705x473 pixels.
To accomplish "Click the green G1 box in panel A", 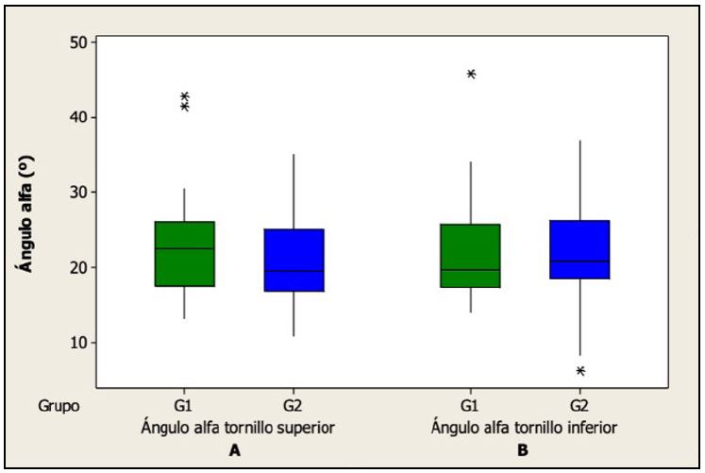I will pyautogui.click(x=185, y=253).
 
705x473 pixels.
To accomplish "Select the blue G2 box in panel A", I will pyautogui.click(x=294, y=260).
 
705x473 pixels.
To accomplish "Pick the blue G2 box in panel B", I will pyautogui.click(x=580, y=249).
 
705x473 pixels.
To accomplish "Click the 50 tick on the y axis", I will pyautogui.click(x=77, y=42).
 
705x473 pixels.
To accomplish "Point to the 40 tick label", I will pyautogui.click(x=77, y=117).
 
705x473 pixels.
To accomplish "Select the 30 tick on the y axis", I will pyautogui.click(x=77, y=193).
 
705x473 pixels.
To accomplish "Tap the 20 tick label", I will pyautogui.click(x=77, y=267).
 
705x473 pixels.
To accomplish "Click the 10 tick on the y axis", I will pyautogui.click(x=77, y=342).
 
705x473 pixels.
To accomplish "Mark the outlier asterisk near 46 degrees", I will pyautogui.click(x=471, y=74).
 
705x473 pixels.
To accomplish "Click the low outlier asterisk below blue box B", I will pyautogui.click(x=580, y=371).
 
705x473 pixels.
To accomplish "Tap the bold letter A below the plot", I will pyautogui.click(x=235, y=450).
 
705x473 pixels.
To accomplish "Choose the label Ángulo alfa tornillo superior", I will pyautogui.click(x=239, y=428).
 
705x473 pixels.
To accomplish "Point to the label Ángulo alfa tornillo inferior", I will pyautogui.click(x=525, y=428).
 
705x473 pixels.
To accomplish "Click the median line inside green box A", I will pyautogui.click(x=185, y=248).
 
